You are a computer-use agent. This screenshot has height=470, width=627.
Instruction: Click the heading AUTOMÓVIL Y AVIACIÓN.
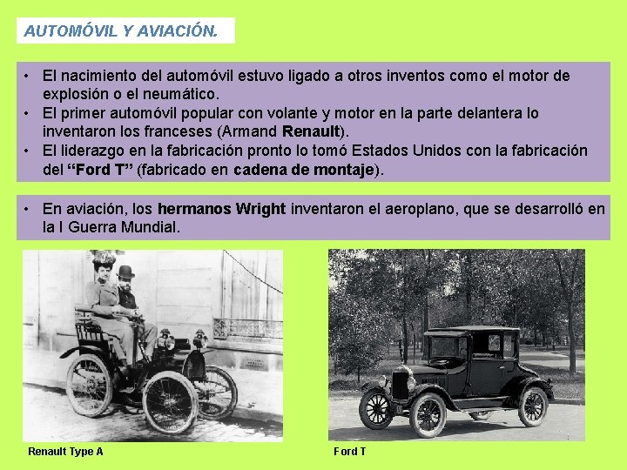pyautogui.click(x=120, y=31)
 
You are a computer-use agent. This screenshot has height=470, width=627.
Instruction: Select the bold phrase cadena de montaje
pyautogui.click(x=303, y=169)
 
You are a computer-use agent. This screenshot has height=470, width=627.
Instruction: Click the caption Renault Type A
pyautogui.click(x=65, y=452)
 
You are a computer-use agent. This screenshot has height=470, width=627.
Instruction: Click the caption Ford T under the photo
pyautogui.click(x=349, y=452)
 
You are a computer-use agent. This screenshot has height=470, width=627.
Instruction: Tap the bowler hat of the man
pyautogui.click(x=126, y=272)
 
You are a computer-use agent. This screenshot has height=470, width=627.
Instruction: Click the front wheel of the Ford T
pyautogui.click(x=428, y=414)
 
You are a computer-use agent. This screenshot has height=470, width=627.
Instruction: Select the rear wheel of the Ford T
pyautogui.click(x=532, y=406)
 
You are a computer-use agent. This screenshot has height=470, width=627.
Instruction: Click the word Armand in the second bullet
pyautogui.click(x=254, y=131)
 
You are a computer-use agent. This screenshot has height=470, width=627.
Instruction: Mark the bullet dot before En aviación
pyautogui.click(x=29, y=209)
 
